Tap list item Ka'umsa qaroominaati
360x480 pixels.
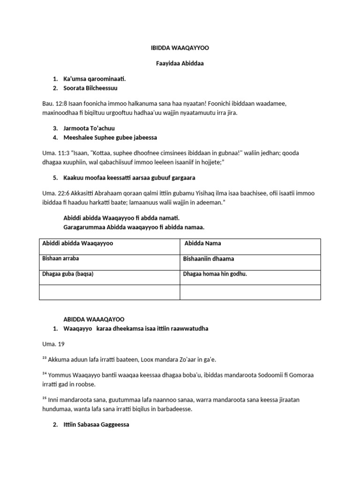[95, 79]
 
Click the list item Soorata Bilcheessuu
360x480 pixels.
[90, 88]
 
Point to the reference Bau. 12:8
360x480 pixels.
[54, 103]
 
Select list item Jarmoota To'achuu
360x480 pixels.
[89, 128]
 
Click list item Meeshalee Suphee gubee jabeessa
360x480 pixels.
[110, 137]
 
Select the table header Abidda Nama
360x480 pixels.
[202, 243]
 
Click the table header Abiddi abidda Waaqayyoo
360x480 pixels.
[78, 243]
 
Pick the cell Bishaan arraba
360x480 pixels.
[61, 258]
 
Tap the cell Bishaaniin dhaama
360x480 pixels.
[208, 259]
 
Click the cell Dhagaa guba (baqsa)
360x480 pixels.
[68, 274]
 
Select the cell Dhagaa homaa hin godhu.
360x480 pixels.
[215, 274]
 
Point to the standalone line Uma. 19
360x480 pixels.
[53, 344]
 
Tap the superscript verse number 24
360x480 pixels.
[45, 374]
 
